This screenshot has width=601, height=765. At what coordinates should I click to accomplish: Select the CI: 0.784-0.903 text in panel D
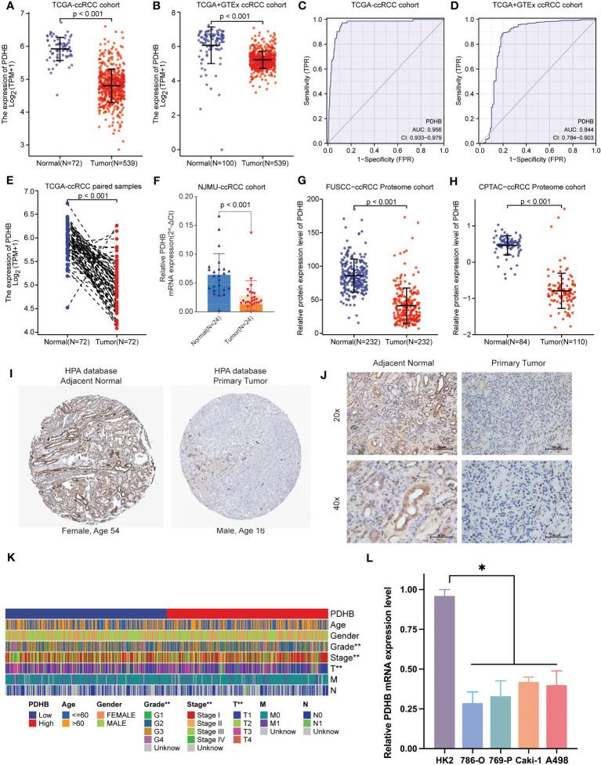click(575, 137)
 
